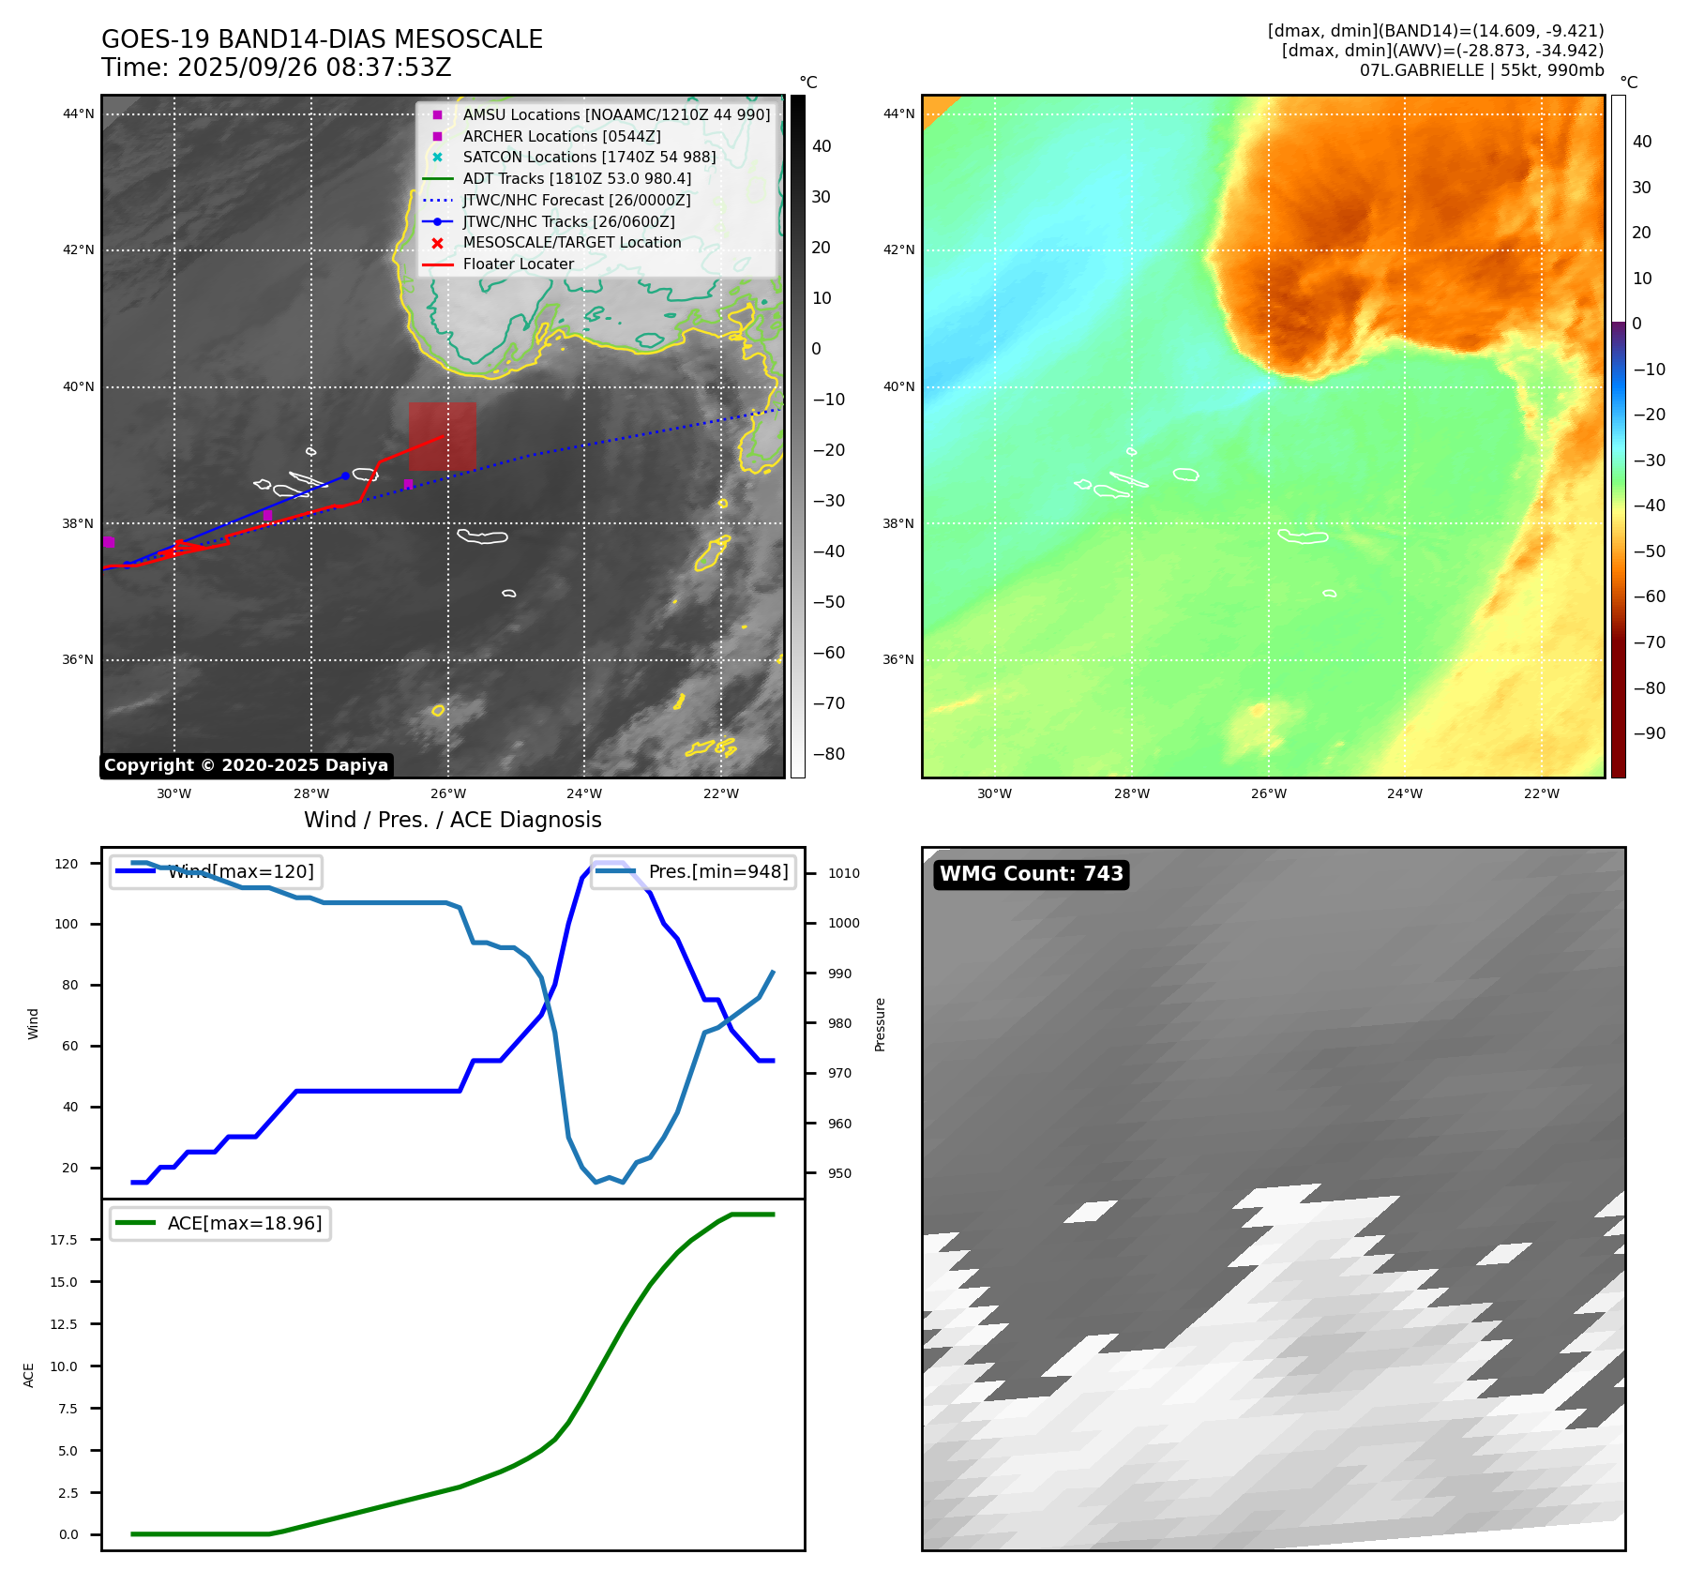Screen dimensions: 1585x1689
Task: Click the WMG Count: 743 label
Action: pyautogui.click(x=1031, y=874)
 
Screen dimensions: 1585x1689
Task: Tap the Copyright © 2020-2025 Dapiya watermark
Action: pyautogui.click(x=246, y=765)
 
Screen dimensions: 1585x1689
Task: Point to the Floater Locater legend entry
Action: pyautogui.click(x=518, y=264)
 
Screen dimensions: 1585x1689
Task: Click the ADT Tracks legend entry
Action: pyautogui.click(x=576, y=179)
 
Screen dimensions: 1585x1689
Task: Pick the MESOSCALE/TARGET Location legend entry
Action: pyautogui.click(x=571, y=243)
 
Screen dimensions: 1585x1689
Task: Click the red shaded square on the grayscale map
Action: pyautogui.click(x=442, y=436)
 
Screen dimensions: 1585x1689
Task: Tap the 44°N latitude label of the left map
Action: pyautogui.click(x=78, y=114)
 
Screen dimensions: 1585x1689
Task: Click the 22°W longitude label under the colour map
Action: pyautogui.click(x=1541, y=793)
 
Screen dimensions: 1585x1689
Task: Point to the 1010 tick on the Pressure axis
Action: pyautogui.click(x=843, y=873)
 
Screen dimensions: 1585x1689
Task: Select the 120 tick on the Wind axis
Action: pyautogui.click(x=67, y=864)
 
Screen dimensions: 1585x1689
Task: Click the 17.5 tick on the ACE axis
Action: pyautogui.click(x=64, y=1240)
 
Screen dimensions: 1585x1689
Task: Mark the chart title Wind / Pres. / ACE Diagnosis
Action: pyautogui.click(x=452, y=820)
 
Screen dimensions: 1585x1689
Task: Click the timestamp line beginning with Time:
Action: pyautogui.click(x=277, y=68)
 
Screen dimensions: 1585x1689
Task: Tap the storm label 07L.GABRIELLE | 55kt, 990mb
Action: pyautogui.click(x=1481, y=70)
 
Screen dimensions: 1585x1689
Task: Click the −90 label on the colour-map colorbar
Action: pyautogui.click(x=1649, y=733)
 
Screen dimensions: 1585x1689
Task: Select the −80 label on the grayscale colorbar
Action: pyautogui.click(x=828, y=754)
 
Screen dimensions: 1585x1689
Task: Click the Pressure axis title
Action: pyautogui.click(x=880, y=1024)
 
